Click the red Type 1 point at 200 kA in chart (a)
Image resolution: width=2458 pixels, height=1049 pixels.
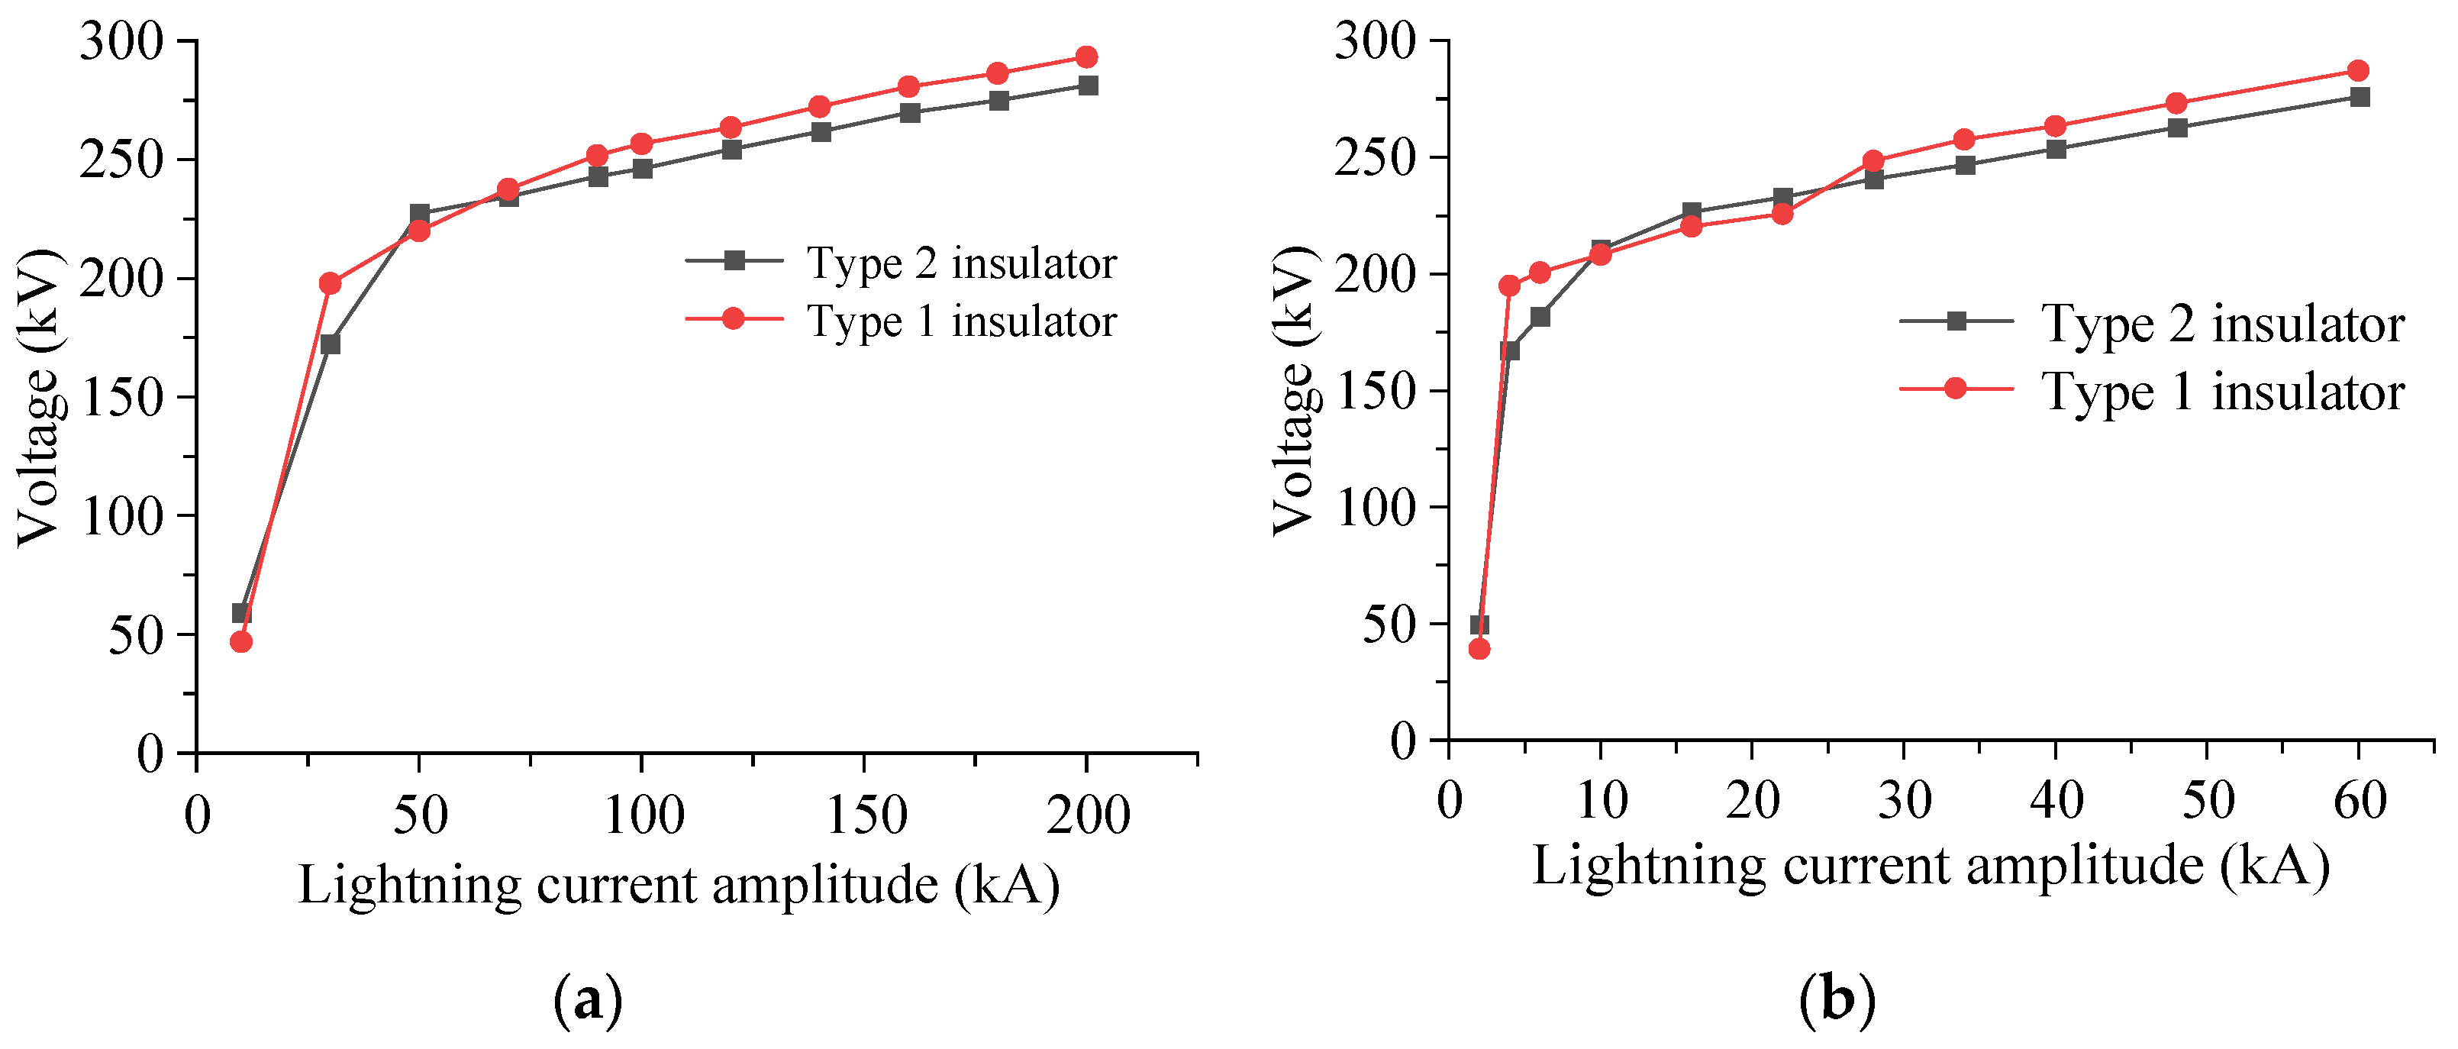[x=1085, y=57]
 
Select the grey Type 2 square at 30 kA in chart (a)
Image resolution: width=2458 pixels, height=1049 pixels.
[x=330, y=344]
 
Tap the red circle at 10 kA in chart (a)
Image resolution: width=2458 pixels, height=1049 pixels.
[x=241, y=641]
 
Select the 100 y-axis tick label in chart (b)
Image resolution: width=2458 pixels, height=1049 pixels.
[x=1376, y=508]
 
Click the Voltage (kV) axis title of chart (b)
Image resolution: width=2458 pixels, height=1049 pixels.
[x=1295, y=392]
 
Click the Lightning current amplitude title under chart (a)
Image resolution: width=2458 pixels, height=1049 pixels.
[x=679, y=885]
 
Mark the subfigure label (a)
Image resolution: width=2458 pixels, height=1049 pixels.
[x=588, y=1000]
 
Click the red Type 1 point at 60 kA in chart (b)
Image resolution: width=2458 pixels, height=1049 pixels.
[x=2358, y=71]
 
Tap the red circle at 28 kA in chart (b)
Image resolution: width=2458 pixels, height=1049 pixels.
[x=1873, y=160]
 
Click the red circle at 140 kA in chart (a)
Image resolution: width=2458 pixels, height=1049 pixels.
[x=818, y=107]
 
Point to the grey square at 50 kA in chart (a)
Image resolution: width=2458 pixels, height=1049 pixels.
[x=420, y=214]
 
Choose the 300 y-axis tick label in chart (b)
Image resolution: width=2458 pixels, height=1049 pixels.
[x=1376, y=42]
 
